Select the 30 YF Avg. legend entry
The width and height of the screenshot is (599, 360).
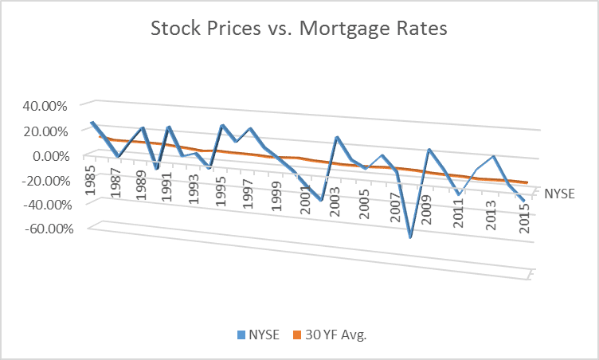333,335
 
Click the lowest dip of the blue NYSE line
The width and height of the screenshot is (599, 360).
410,237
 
